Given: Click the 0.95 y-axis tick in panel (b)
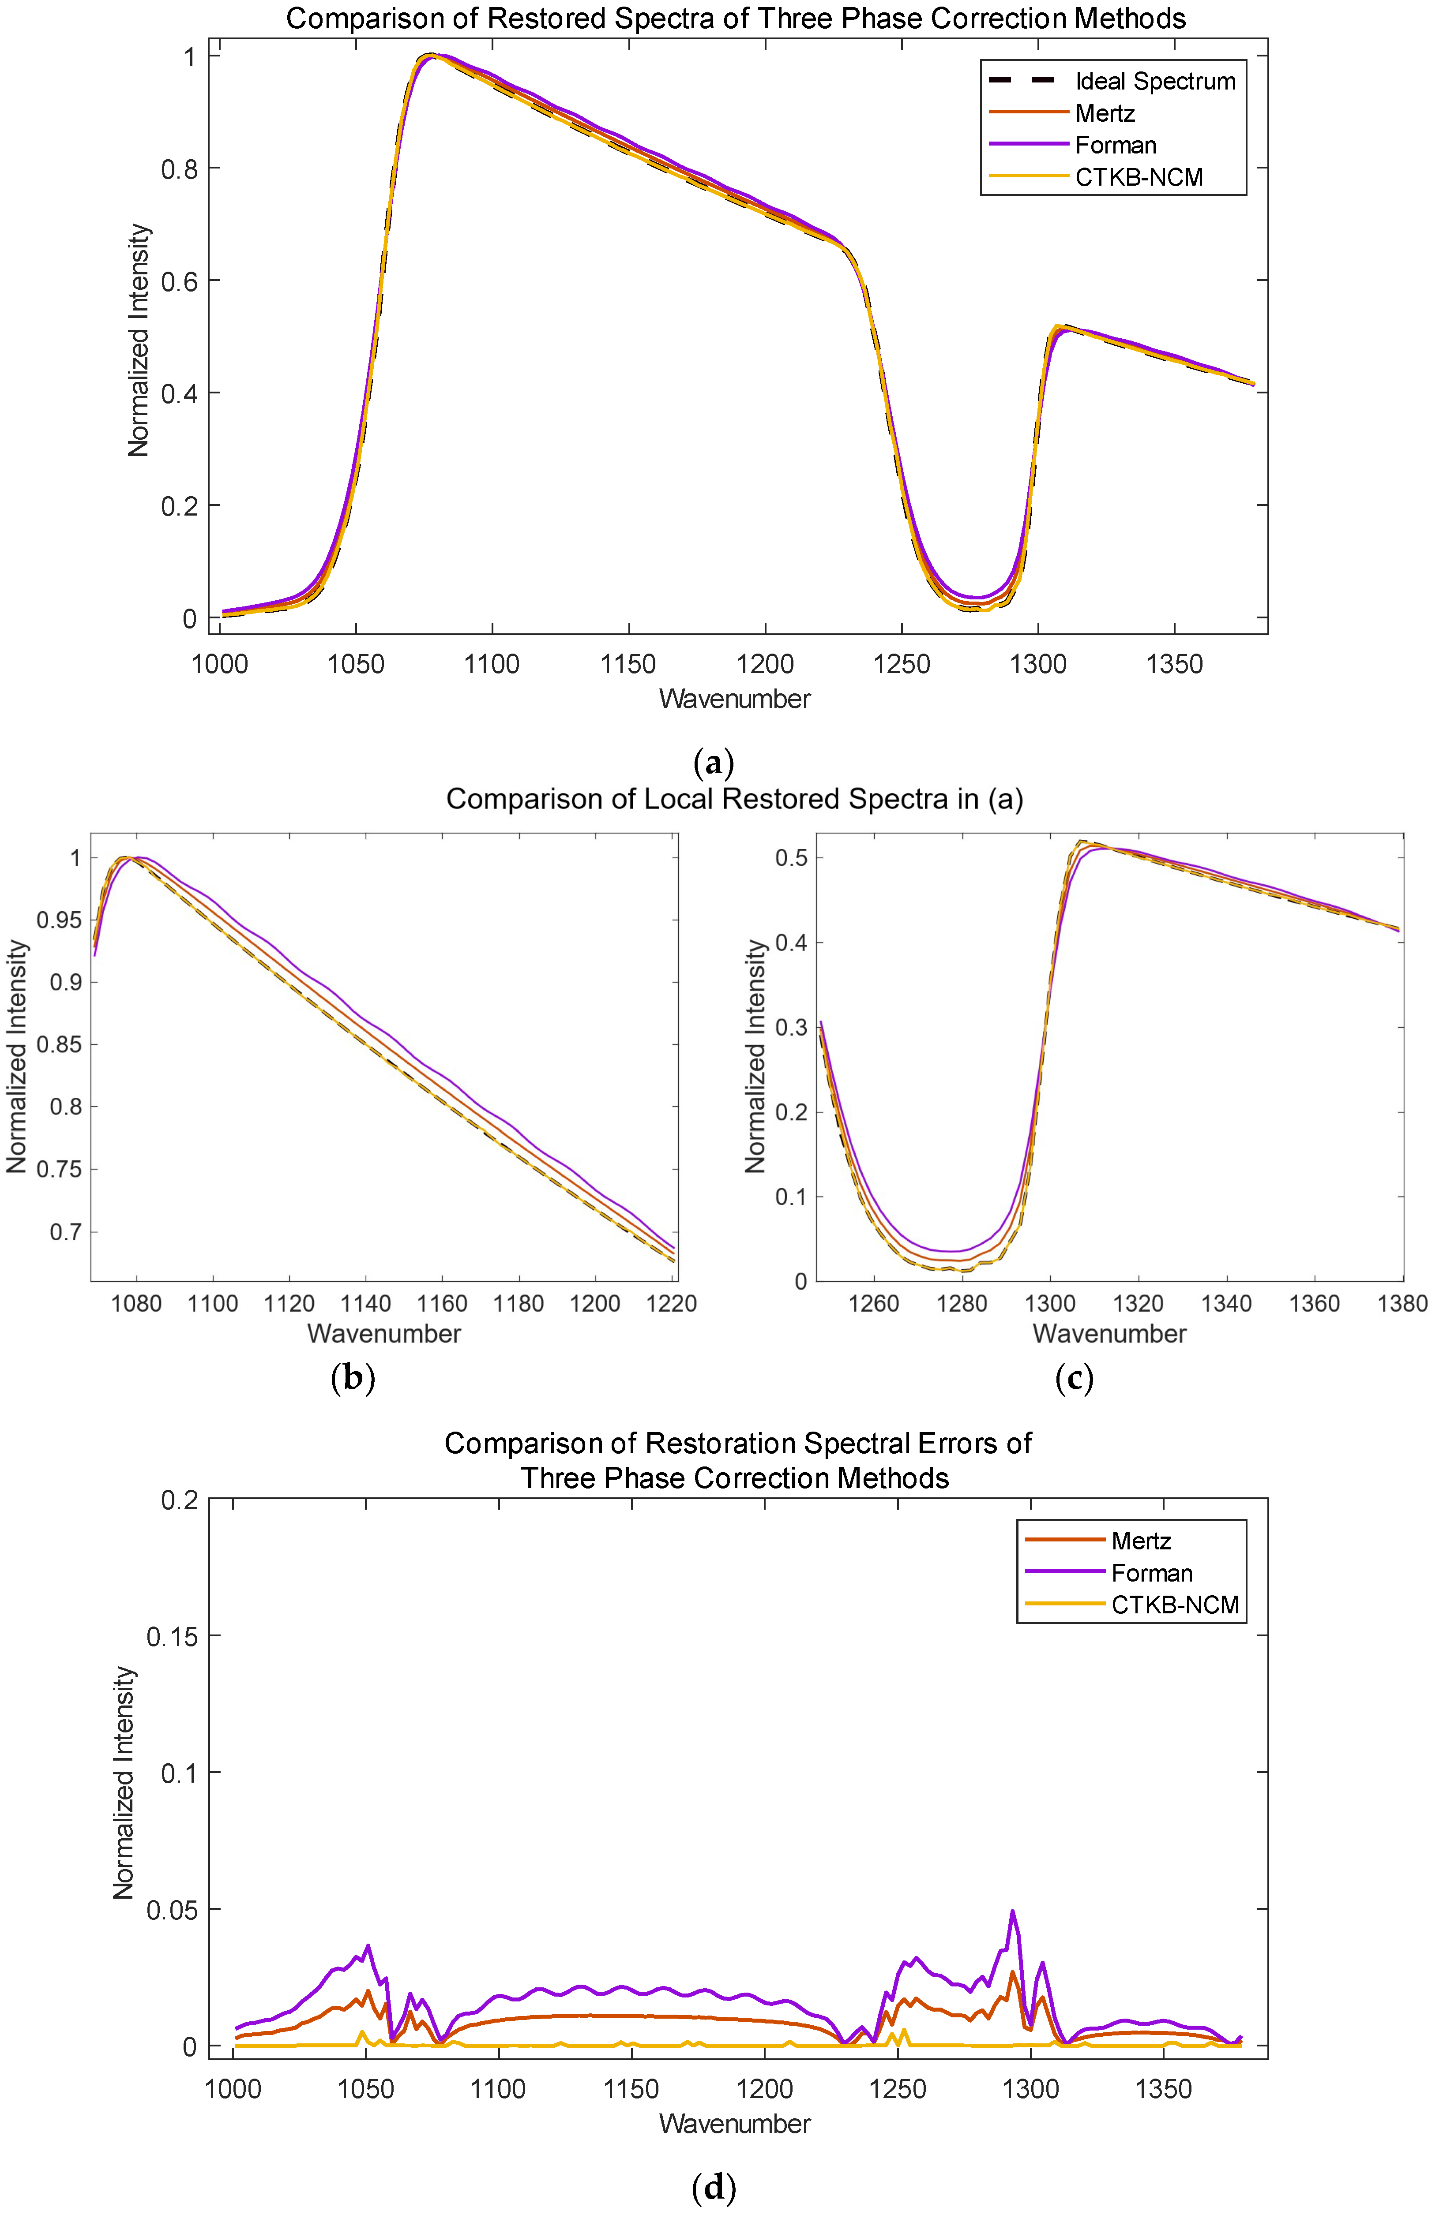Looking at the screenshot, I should coord(58,920).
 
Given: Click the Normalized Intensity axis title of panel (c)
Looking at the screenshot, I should coord(755,1056).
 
